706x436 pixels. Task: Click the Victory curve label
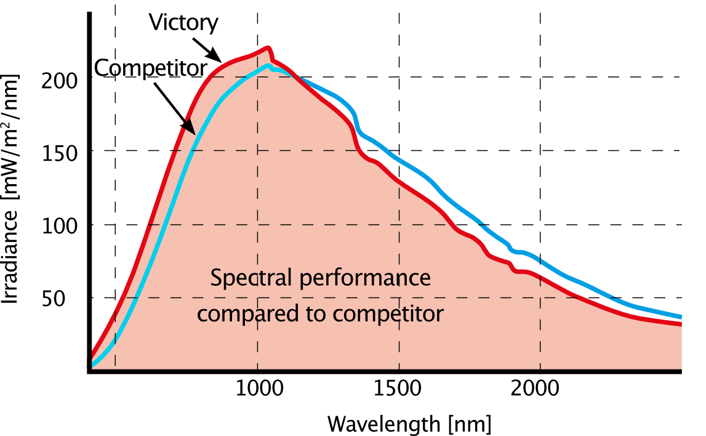pos(183,23)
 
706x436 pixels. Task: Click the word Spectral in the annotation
pos(251,278)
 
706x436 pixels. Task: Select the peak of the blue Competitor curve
pos(269,65)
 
